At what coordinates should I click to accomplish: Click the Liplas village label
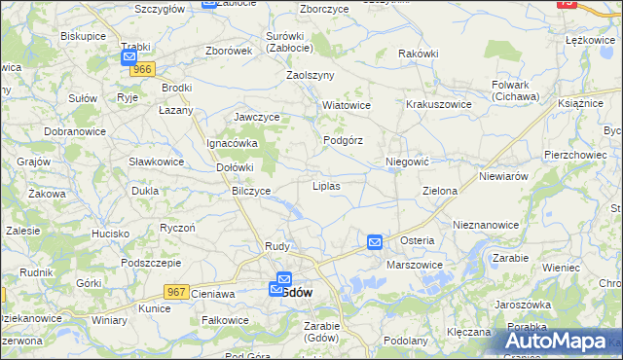click(x=325, y=185)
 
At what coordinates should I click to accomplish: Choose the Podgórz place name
click(x=343, y=140)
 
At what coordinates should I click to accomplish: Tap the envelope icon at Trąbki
click(x=129, y=58)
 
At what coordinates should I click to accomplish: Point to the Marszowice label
click(x=415, y=265)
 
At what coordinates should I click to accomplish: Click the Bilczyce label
click(x=251, y=191)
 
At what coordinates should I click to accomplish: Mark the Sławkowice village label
click(x=157, y=161)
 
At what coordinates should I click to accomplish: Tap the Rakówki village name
click(x=419, y=54)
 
